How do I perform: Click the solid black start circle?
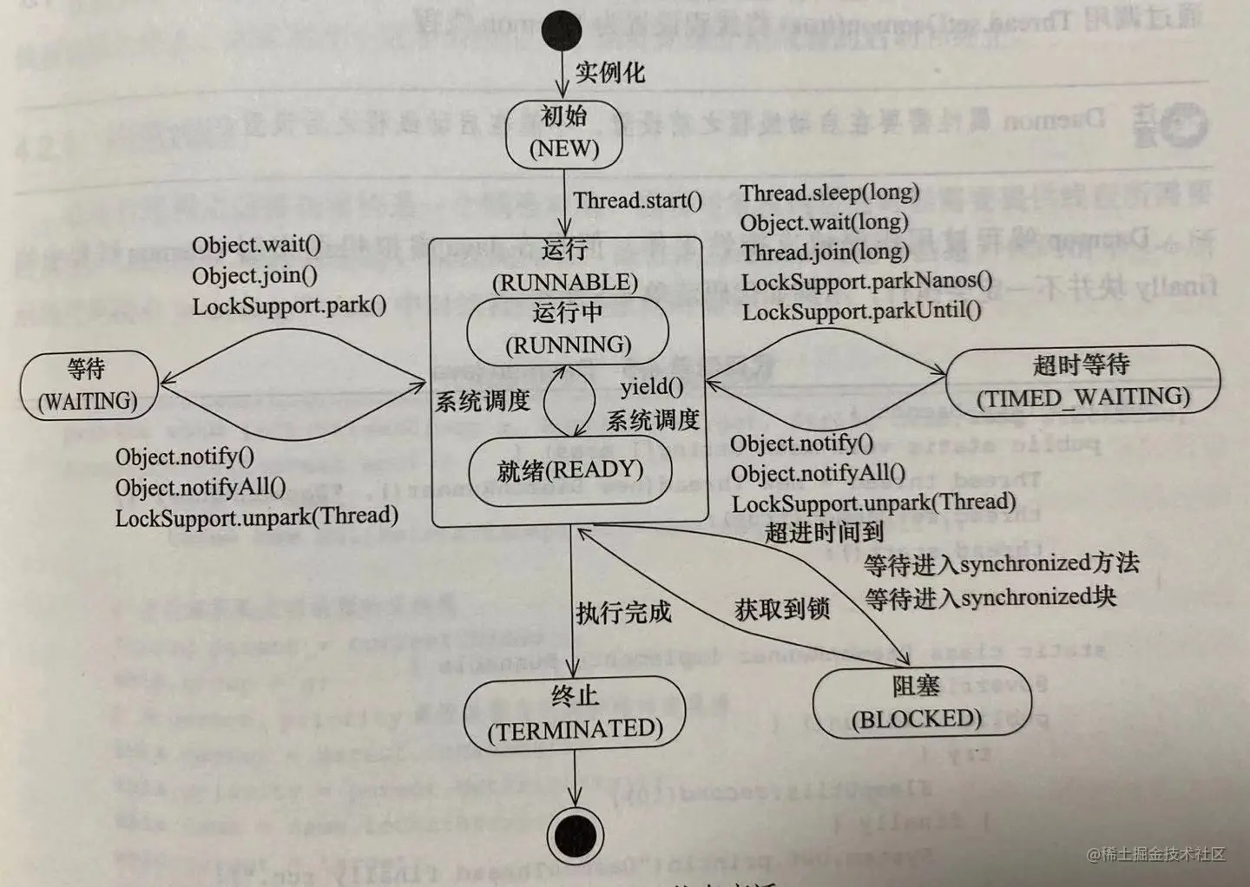pos(562,31)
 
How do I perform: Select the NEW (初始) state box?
pos(564,133)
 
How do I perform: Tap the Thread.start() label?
pos(638,200)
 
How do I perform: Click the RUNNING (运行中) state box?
pos(568,330)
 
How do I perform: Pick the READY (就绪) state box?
pos(569,471)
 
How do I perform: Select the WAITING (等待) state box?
pos(89,385)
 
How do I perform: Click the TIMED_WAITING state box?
pos(1082,381)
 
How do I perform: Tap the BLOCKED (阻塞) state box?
pos(919,703)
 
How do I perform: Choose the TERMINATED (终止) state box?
pos(575,713)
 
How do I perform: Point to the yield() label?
pos(651,386)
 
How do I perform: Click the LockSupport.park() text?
pos(289,306)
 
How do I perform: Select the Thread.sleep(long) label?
pos(829,193)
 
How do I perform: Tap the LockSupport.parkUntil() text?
pos(861,311)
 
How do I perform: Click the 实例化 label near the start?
pos(610,72)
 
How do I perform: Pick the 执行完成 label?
pos(623,613)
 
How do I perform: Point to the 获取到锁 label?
pos(782,609)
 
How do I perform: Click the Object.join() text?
pos(254,275)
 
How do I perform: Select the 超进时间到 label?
pos(824,532)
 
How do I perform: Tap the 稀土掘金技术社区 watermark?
pos(1156,854)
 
